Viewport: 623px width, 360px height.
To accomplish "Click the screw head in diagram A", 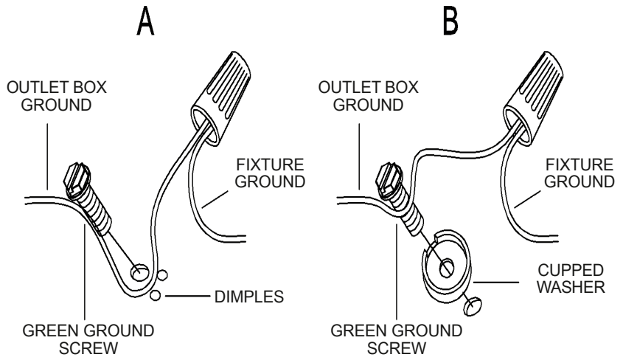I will (77, 178).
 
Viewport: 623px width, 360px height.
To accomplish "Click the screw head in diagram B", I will (389, 178).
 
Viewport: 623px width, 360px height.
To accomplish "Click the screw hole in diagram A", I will (139, 274).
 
